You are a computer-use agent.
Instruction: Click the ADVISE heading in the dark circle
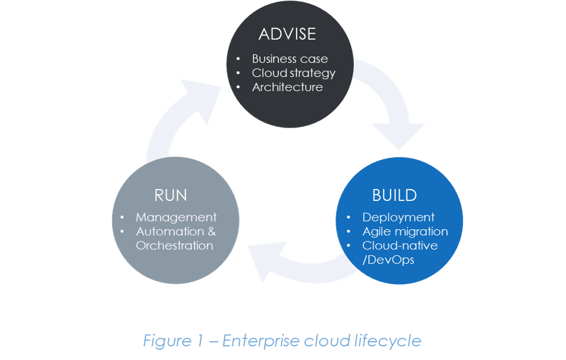click(287, 34)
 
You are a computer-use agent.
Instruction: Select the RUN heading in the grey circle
click(170, 195)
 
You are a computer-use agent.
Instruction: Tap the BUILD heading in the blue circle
click(395, 195)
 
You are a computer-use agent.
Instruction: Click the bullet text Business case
click(290, 59)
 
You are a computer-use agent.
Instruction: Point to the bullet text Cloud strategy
click(293, 73)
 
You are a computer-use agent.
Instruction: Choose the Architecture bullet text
click(287, 87)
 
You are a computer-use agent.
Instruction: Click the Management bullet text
click(176, 217)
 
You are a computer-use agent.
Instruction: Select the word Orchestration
click(174, 246)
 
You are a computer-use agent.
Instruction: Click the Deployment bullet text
click(398, 217)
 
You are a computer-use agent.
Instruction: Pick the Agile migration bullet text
click(405, 231)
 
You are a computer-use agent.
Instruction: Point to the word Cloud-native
click(400, 246)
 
